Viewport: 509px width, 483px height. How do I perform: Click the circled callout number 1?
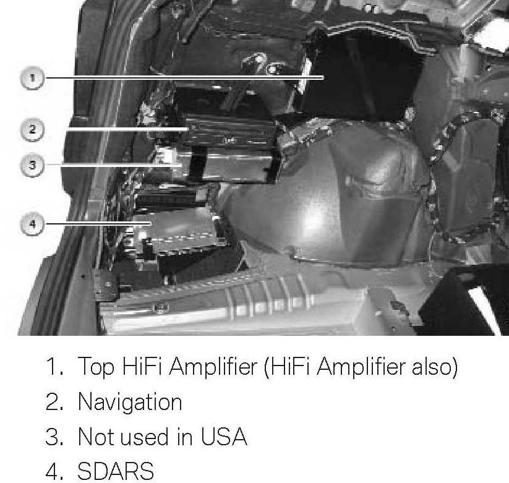pos(32,78)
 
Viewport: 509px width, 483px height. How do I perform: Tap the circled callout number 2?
pos(32,129)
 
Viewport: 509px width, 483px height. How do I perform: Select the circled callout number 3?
pos(32,165)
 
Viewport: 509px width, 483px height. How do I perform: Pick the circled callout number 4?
pos(32,224)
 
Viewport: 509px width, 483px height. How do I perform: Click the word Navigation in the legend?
pos(130,403)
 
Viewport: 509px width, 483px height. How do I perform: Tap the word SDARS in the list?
pos(116,471)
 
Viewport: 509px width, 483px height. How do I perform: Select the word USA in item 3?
pos(224,436)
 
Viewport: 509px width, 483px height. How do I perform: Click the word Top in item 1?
pos(96,367)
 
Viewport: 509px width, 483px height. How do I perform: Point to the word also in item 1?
pos(434,366)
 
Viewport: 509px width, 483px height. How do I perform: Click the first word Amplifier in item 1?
pos(213,367)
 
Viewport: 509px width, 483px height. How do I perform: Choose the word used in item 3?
pos(145,437)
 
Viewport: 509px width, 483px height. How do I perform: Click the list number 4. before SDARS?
pos(54,471)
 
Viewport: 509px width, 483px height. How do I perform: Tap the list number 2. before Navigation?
pos(54,401)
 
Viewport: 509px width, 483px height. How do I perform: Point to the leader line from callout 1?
pos(184,77)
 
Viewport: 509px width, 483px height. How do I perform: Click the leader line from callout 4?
pos(98,224)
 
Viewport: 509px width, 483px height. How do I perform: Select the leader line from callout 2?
pos(128,129)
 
